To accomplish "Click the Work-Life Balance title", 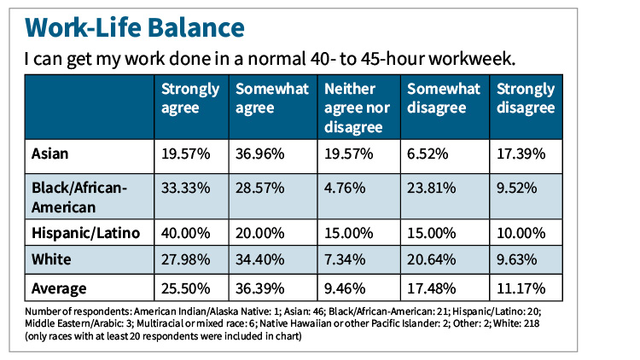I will click(137, 26).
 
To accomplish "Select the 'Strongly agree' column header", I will click(190, 98).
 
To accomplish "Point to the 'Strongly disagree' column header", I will click(526, 98).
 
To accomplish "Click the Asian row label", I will click(50, 154).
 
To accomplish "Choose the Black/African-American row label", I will click(79, 196).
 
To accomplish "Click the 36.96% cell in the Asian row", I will click(261, 154).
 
